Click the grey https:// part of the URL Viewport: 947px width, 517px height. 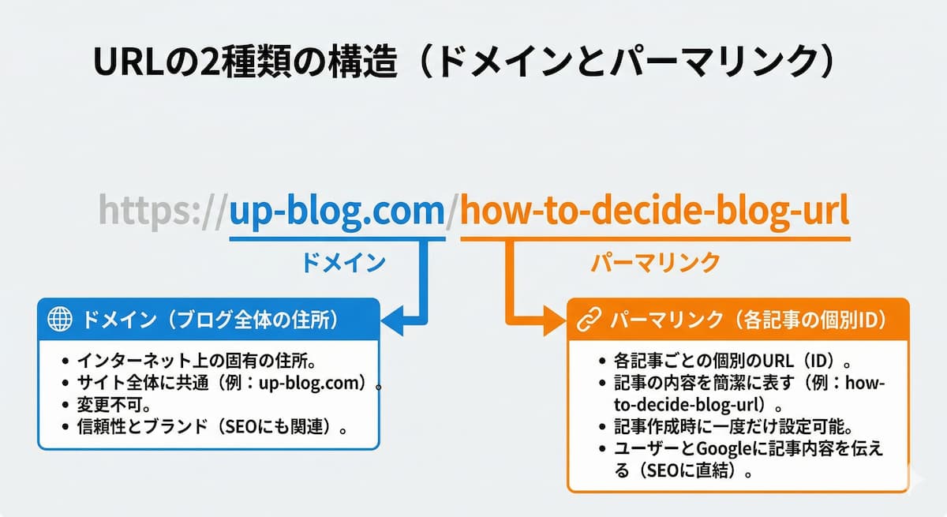(162, 211)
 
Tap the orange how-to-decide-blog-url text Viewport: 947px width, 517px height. (654, 211)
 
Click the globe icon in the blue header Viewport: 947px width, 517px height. (60, 320)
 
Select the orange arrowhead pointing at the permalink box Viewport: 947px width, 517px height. (554, 320)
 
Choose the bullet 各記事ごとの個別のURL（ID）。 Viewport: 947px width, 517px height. (734, 362)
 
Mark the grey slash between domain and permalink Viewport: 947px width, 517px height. (452, 212)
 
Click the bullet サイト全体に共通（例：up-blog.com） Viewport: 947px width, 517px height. (224, 385)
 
